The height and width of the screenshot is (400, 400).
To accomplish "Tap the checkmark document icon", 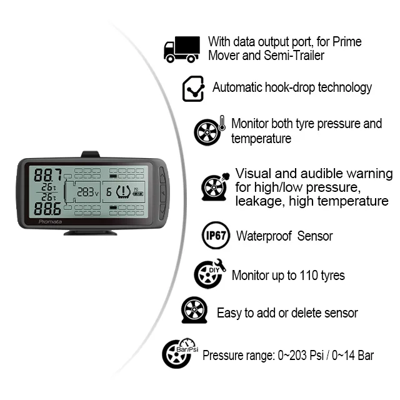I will tap(194, 89).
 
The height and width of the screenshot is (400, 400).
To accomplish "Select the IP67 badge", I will tap(216, 235).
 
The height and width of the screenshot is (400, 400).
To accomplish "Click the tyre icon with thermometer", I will tap(209, 131).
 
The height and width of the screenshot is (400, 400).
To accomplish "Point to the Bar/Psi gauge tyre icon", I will tap(179, 353).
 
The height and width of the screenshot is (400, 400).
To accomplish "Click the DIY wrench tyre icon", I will tap(210, 273).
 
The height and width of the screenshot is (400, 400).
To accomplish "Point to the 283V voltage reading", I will tap(88, 192).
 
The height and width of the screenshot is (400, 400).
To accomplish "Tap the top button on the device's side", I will tap(164, 176).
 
